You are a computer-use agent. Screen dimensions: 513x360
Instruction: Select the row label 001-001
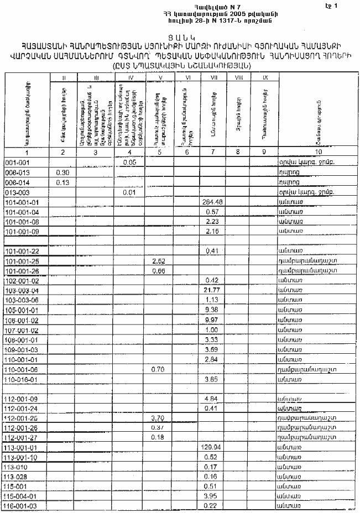[16, 163]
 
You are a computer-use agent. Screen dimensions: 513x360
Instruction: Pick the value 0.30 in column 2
[62, 172]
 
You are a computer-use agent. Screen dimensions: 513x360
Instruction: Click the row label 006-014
[16, 182]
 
